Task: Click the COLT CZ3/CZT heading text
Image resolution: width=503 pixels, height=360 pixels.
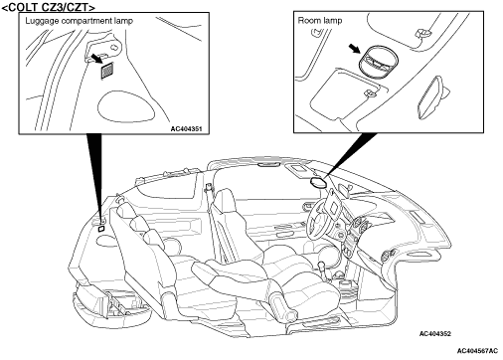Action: click(49, 7)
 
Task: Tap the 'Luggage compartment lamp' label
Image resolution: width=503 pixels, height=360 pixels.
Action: click(79, 21)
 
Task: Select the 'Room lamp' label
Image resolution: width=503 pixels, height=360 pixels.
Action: click(320, 21)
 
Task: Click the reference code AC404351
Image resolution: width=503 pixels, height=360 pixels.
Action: click(186, 128)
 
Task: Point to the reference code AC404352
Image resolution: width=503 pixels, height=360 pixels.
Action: click(435, 334)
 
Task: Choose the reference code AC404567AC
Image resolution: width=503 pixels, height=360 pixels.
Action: click(477, 351)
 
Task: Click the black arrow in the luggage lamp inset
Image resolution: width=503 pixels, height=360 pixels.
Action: click(96, 59)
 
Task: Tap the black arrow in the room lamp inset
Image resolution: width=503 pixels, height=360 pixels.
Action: click(355, 49)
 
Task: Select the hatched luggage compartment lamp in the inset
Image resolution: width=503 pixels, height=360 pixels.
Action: click(107, 71)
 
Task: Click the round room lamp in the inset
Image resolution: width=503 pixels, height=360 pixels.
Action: click(378, 61)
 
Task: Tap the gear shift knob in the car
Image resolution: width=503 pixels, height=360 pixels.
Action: click(320, 266)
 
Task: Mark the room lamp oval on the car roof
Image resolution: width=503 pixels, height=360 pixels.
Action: click(318, 183)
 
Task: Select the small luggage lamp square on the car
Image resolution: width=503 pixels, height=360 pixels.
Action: click(101, 229)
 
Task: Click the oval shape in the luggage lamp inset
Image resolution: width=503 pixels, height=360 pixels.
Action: click(126, 105)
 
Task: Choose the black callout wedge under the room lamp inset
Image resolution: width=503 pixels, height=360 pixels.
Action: click(351, 153)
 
